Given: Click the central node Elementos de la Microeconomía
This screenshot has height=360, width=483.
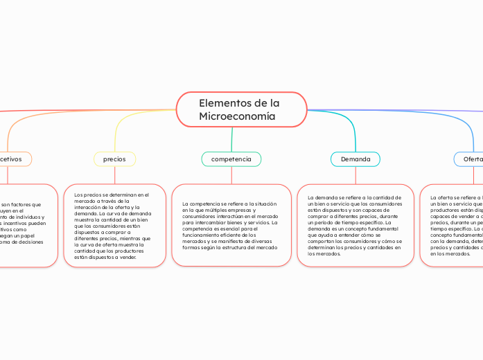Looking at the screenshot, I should [241, 109].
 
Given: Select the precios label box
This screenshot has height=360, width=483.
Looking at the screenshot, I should [114, 159].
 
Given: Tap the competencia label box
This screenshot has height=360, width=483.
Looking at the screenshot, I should [231, 159].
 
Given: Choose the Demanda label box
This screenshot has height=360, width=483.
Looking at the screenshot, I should [355, 159].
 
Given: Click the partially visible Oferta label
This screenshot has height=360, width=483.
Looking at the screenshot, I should [471, 159].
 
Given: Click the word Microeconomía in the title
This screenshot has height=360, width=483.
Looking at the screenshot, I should [237, 116].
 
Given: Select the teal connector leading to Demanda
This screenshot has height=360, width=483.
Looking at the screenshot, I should [346, 120].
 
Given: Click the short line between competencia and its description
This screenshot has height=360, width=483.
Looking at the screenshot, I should [231, 175].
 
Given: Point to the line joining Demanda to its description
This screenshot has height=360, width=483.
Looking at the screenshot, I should [355, 175].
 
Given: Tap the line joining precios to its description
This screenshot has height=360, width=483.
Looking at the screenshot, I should [114, 175].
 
